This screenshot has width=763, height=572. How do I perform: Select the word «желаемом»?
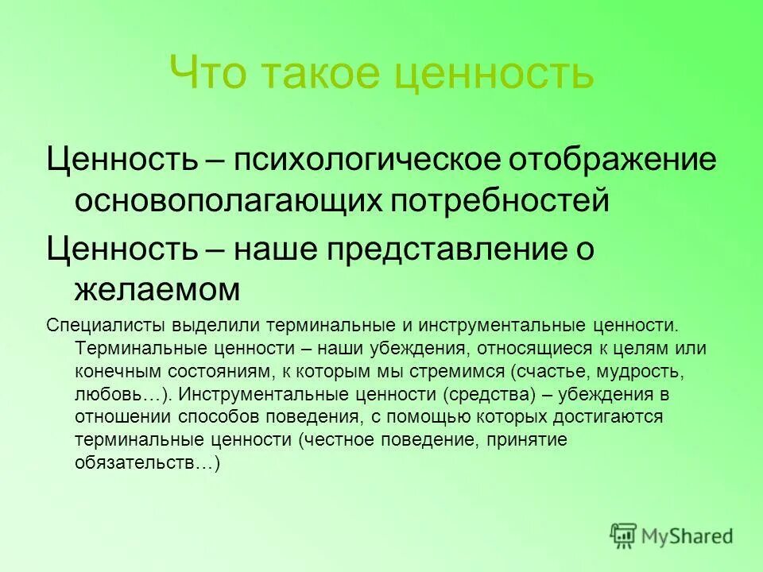157,290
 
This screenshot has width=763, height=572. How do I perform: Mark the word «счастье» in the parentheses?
551,371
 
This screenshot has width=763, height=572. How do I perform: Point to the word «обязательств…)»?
146,463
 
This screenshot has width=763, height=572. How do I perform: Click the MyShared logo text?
688,535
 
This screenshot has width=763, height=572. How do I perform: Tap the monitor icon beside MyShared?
624,535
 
